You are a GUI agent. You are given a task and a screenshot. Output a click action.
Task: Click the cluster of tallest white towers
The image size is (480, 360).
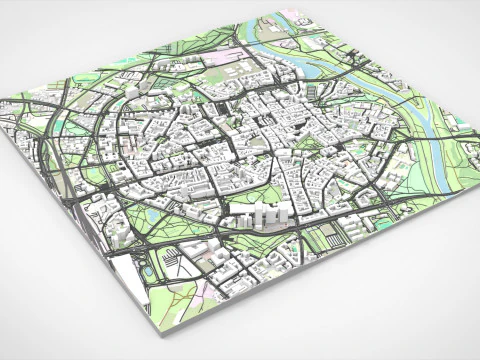[x=265, y=213]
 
